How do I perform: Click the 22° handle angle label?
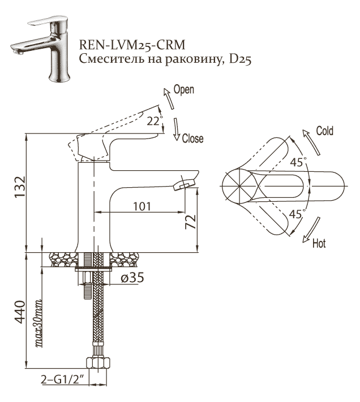point(154,120)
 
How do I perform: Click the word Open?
point(184,90)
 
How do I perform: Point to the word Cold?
point(324,131)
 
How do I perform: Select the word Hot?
point(319,244)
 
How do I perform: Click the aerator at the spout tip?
point(186,183)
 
